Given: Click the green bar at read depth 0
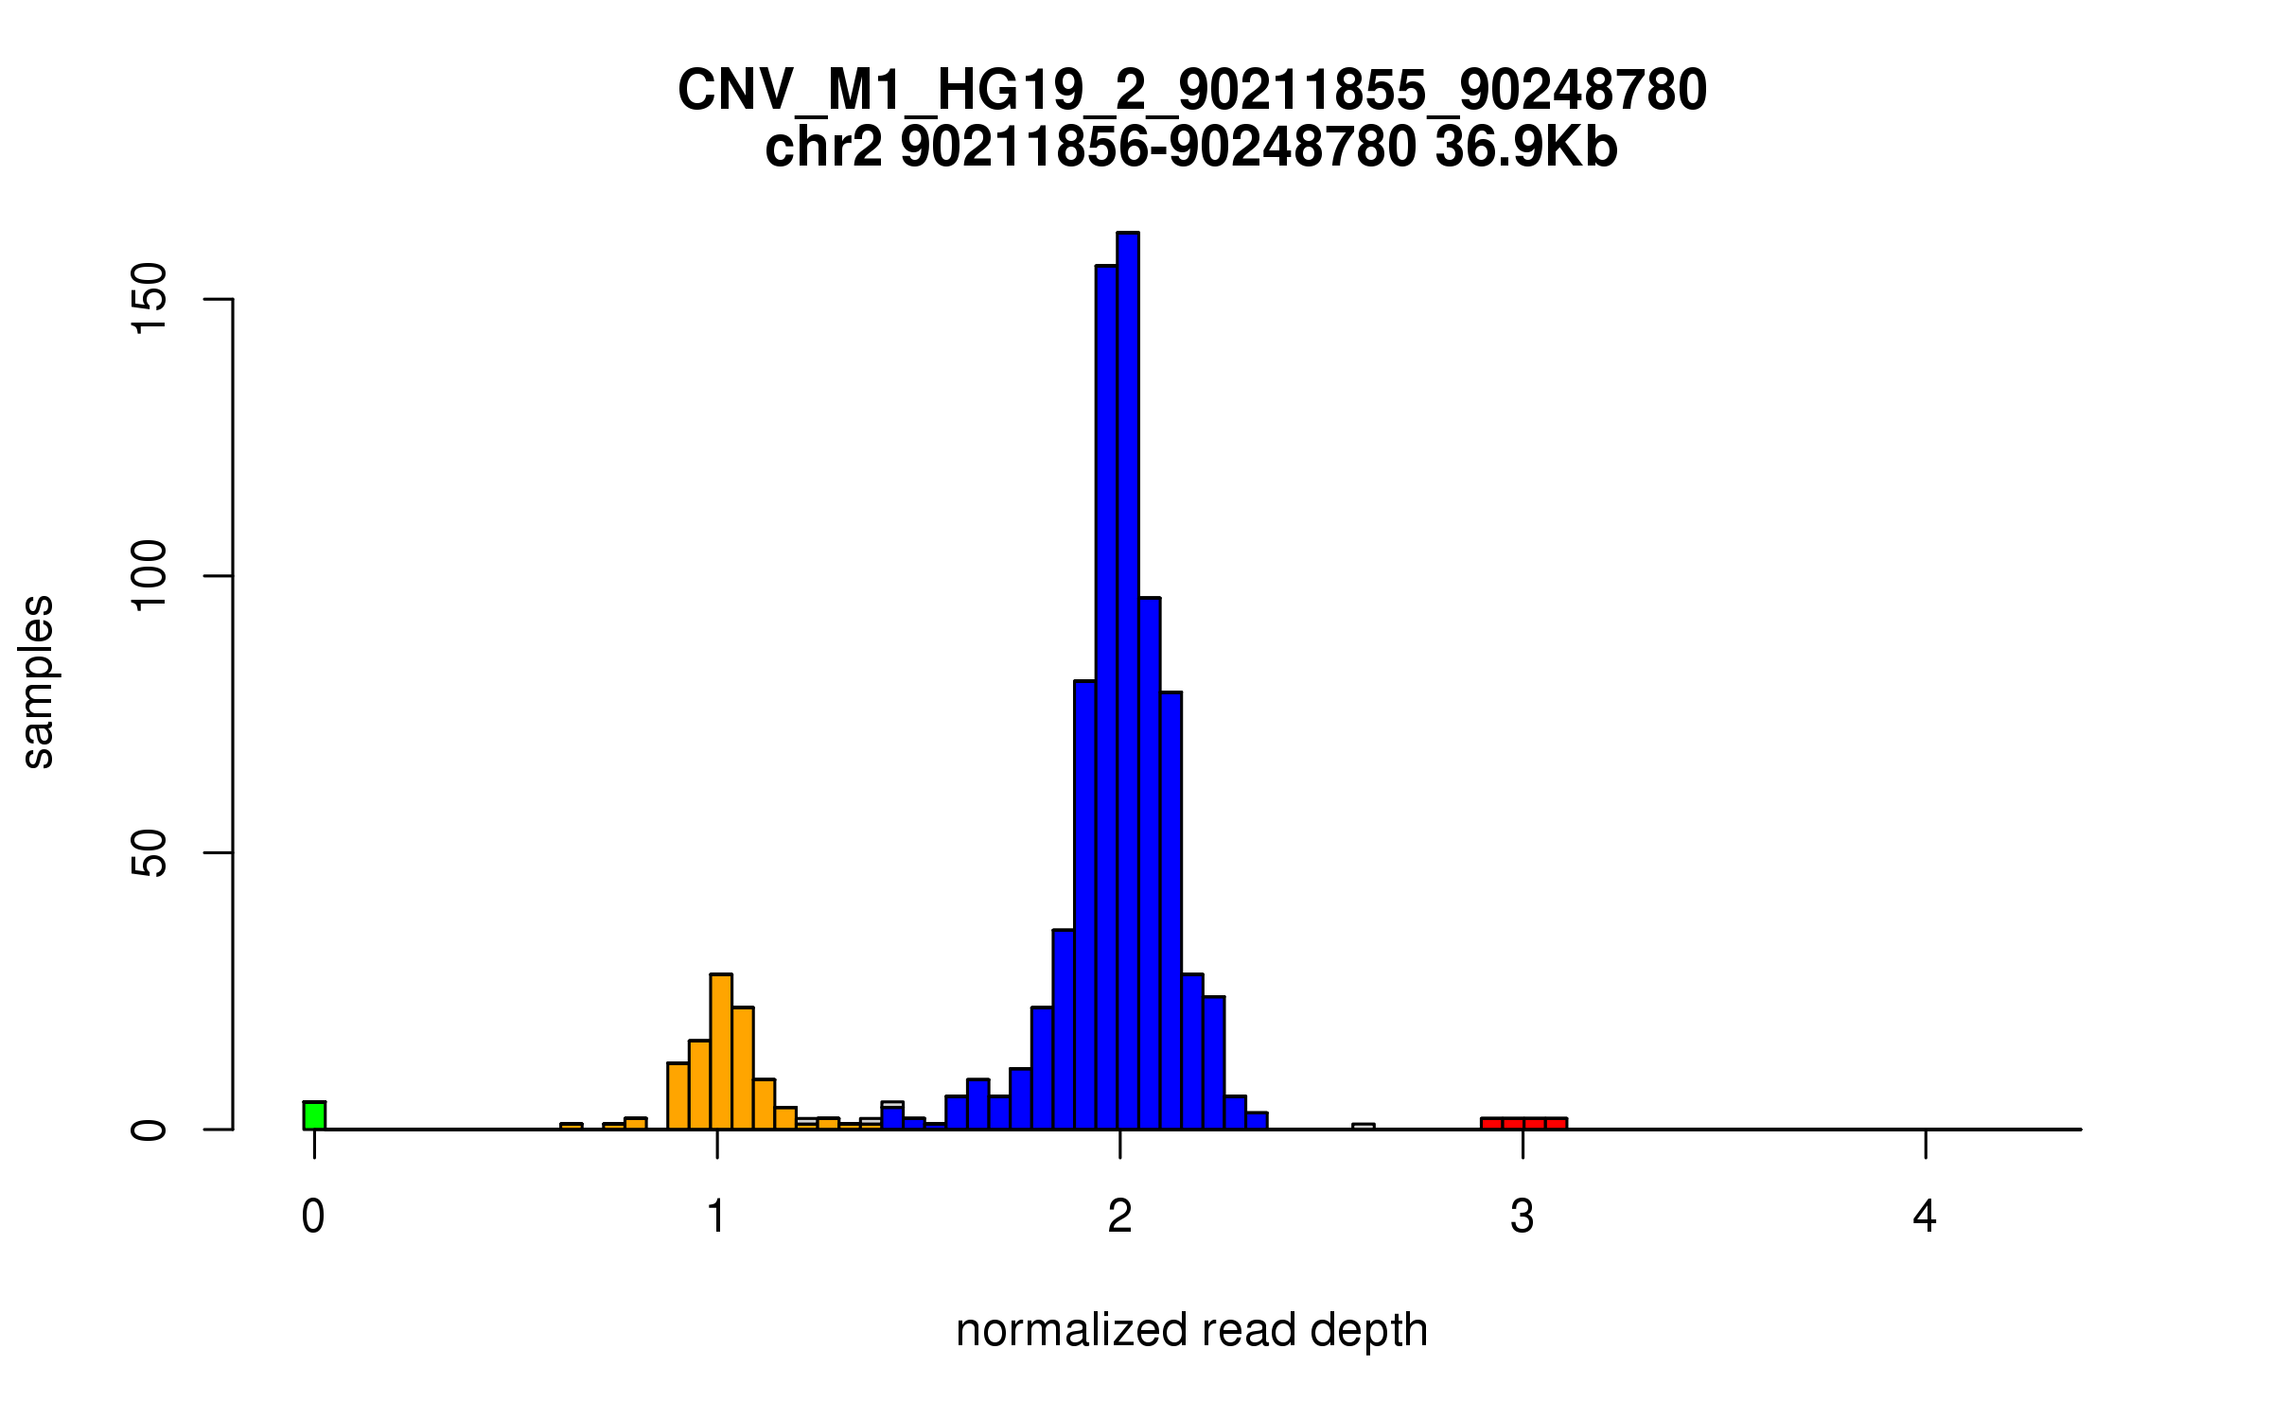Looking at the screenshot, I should point(314,1115).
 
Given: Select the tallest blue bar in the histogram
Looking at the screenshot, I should point(1127,681).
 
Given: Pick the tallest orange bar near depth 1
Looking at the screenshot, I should point(721,1051).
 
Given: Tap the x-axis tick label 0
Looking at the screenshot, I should point(313,1217).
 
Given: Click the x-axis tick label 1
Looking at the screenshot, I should point(716,1217).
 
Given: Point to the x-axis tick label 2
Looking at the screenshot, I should point(1119,1217).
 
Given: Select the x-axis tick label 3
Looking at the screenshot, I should point(1522,1217).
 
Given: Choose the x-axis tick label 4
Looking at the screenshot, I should point(1925,1217).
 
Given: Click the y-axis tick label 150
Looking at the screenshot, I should point(150,299).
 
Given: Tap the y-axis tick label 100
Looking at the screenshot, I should point(150,576).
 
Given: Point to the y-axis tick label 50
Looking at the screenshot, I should point(150,852).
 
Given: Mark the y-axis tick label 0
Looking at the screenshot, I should point(150,1130).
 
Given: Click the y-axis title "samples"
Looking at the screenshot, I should point(38,682).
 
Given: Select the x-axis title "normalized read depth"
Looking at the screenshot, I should point(1191,1330).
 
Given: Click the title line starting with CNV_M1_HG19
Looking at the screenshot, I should point(1191,91).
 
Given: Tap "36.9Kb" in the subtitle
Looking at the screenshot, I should point(1525,148).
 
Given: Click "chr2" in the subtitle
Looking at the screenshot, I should point(823,148).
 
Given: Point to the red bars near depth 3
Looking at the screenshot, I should point(1523,1123).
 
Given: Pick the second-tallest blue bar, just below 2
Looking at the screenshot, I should point(1106,697).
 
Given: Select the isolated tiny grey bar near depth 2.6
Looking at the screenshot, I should point(1363,1127).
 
